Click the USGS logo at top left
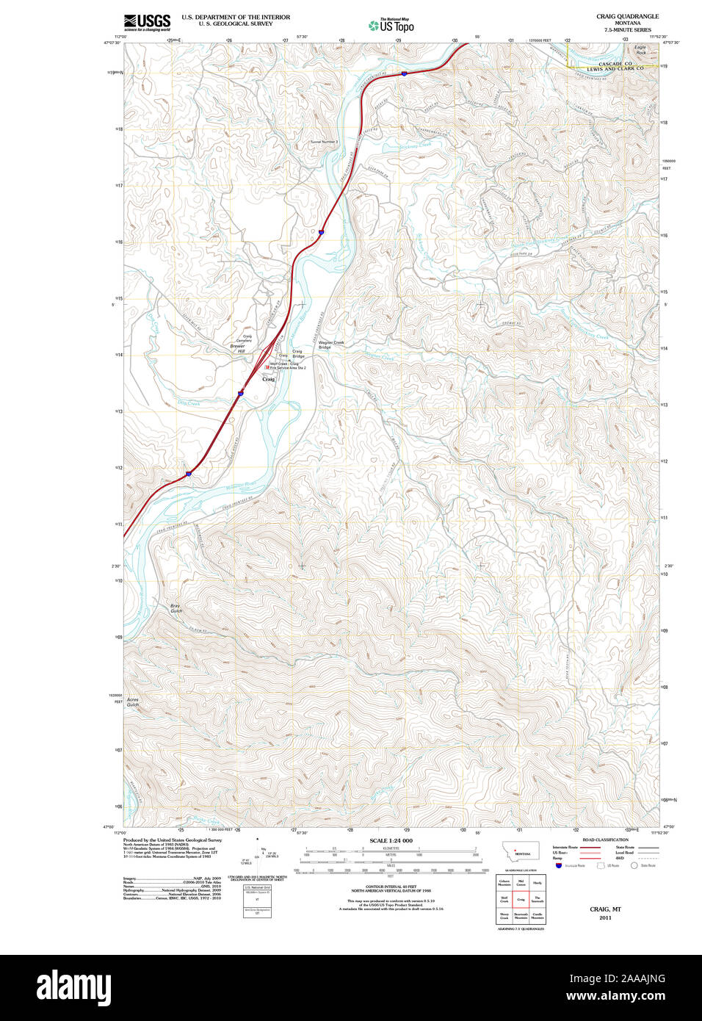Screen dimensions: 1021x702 coord(148,21)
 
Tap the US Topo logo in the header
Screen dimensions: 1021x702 coord(391,25)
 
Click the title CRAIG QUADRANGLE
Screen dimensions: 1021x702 coord(627,16)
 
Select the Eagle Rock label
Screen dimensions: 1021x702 coord(640,50)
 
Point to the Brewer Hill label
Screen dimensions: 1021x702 coord(237,348)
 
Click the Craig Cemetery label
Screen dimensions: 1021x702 coord(243,339)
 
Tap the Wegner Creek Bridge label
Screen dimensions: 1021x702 coord(330,344)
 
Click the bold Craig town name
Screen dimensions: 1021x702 coord(268,379)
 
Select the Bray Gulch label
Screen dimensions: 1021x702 coord(175,608)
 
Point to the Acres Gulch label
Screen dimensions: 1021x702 coord(132,701)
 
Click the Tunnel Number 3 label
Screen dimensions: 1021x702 coord(324,141)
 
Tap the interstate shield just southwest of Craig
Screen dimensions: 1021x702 coord(240,394)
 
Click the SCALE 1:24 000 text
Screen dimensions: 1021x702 coord(391,840)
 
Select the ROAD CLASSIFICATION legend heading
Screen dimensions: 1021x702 coord(605,840)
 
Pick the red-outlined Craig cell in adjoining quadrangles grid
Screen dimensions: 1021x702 coord(521,899)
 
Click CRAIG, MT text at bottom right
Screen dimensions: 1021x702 coord(605,909)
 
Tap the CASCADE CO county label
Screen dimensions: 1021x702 coord(615,64)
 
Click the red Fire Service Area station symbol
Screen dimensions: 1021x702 coord(267,365)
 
